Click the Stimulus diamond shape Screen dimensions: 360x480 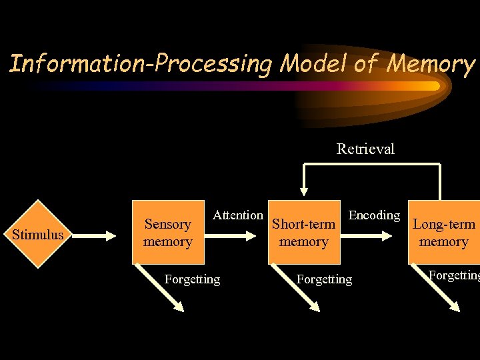[37, 234]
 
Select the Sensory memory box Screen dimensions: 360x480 [168, 233]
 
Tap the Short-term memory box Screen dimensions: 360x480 [304, 233]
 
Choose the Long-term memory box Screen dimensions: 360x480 [444, 233]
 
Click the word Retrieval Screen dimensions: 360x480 [365, 149]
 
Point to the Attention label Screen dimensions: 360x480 [237, 215]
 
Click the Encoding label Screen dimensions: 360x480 [374, 215]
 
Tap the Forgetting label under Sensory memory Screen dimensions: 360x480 [192, 279]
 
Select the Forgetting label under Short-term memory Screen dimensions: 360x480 [324, 279]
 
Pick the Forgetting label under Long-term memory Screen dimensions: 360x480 [453, 275]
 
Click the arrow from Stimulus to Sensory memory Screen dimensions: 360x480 [100, 235]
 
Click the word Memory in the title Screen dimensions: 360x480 [431, 64]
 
